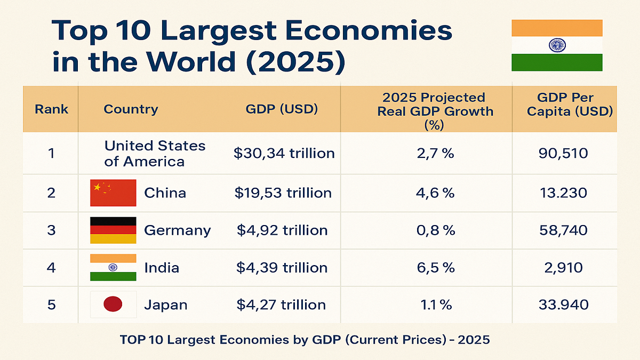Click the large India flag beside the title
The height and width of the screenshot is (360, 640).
point(557,45)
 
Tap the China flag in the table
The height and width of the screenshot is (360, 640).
point(113,193)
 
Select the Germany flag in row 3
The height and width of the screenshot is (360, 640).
point(113,230)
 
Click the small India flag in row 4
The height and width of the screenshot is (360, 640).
point(113,268)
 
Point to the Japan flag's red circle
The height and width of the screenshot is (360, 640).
point(113,305)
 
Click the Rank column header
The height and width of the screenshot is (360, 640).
point(51,109)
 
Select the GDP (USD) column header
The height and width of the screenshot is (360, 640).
point(282,109)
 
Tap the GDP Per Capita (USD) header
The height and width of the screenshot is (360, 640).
point(564,105)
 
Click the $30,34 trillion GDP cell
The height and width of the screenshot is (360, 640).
point(284,154)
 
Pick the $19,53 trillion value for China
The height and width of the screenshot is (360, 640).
point(283,193)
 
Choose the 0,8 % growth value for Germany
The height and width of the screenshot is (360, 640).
point(435,230)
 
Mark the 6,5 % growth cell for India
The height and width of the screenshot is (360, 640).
point(435,268)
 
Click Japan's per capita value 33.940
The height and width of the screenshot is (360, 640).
point(563,305)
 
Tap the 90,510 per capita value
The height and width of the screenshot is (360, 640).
point(563,154)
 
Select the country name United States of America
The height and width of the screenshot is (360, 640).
point(155,154)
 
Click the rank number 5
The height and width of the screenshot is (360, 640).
point(51,305)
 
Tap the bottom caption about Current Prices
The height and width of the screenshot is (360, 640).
point(305,340)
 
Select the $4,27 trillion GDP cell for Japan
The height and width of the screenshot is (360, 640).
point(281,305)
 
